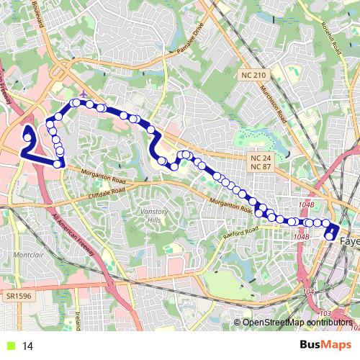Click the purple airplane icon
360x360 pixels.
pyautogui.click(x=85, y=94)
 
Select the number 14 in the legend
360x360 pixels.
pyautogui.click(x=28, y=346)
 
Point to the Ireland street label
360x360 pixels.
pyautogui.click(x=77, y=320)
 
